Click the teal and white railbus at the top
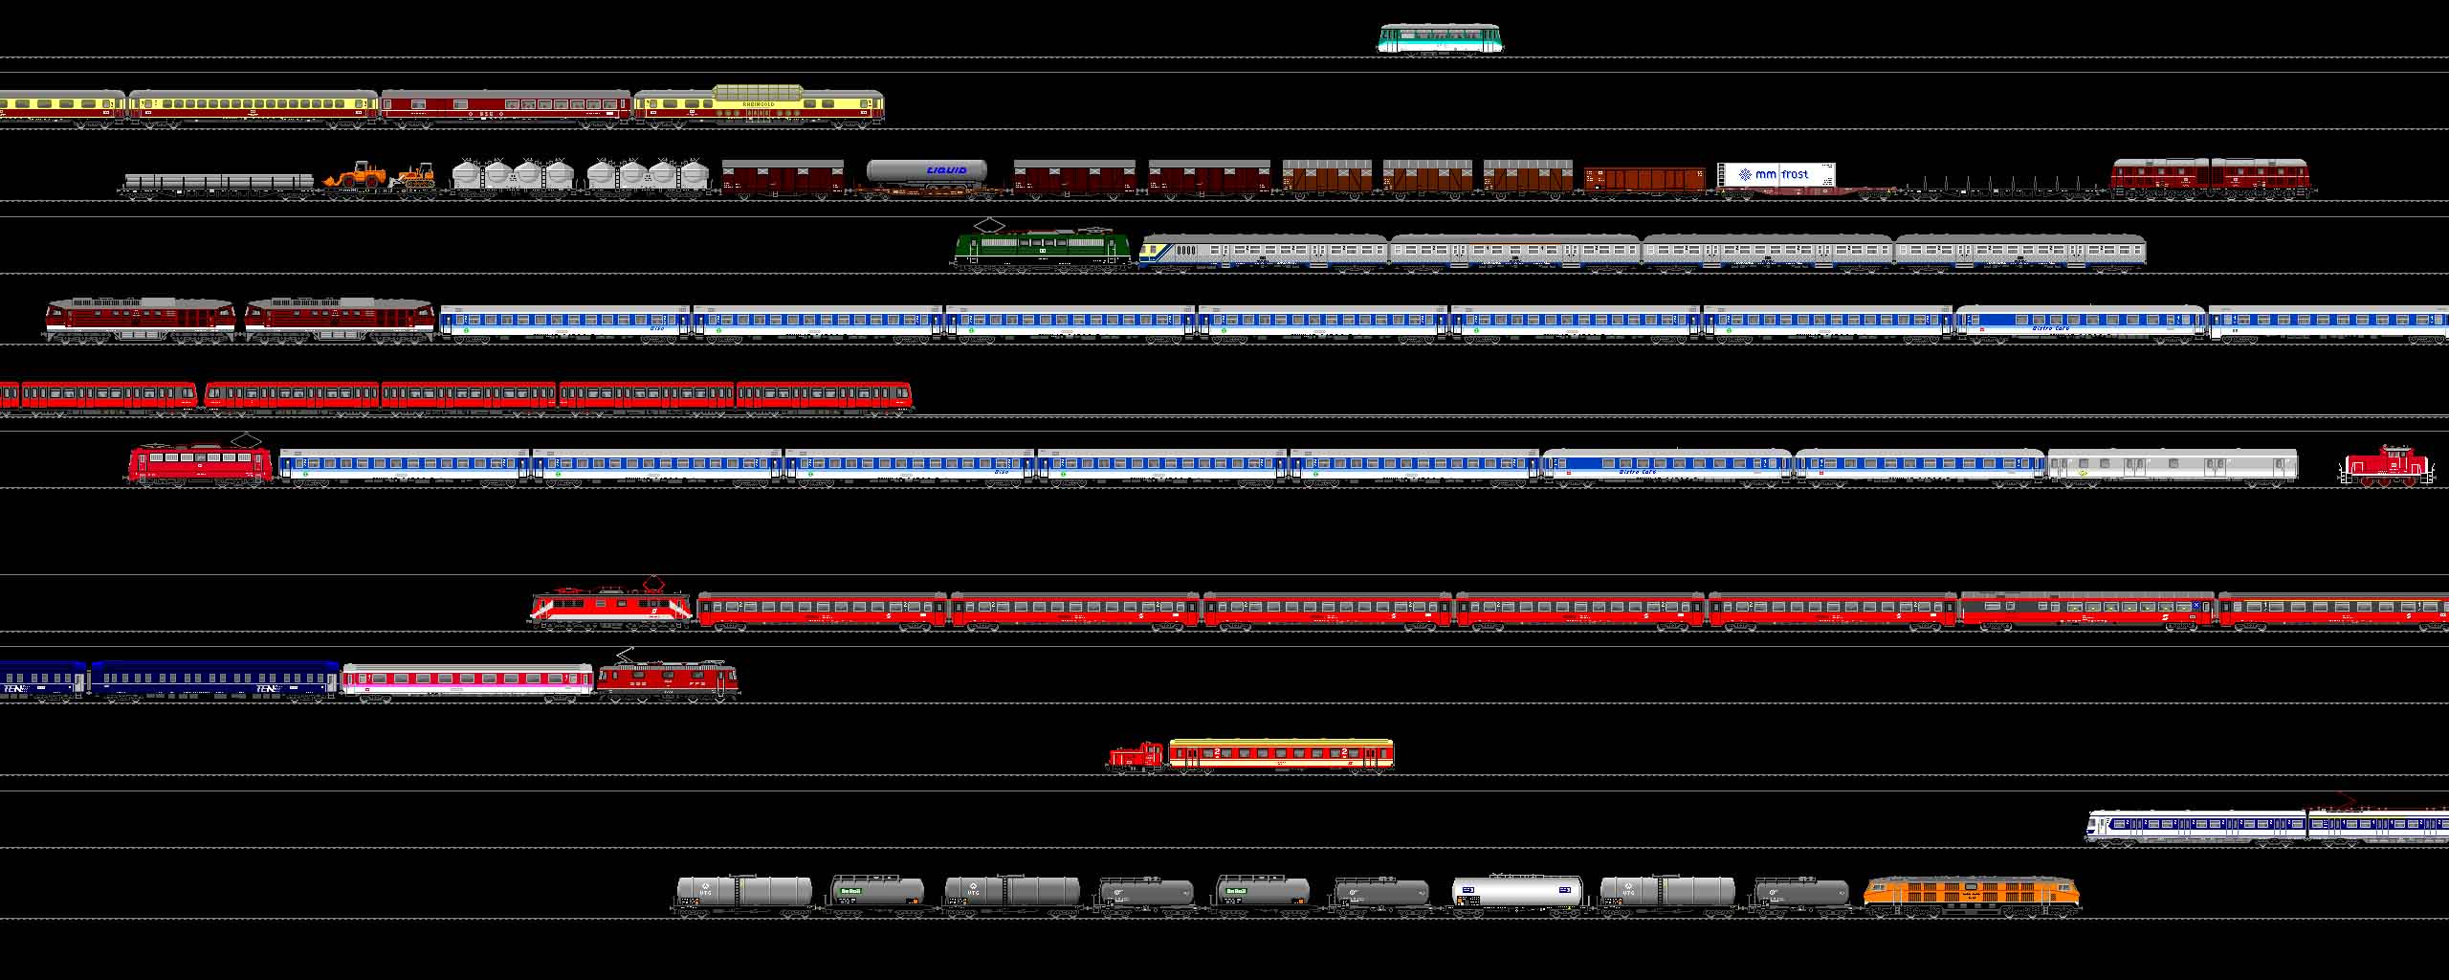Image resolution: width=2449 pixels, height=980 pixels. click(x=1440, y=39)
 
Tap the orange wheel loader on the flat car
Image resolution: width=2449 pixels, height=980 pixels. click(x=356, y=174)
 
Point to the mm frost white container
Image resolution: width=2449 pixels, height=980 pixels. click(x=1776, y=175)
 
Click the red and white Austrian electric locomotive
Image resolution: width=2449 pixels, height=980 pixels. click(x=610, y=608)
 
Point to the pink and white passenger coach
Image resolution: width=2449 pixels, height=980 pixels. click(x=467, y=680)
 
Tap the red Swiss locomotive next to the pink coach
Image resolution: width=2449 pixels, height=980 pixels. click(x=668, y=679)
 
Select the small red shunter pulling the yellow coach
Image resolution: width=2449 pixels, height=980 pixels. click(x=1136, y=756)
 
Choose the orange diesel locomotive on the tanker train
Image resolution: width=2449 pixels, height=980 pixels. click(x=1971, y=895)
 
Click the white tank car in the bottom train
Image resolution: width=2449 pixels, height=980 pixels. click(x=1516, y=893)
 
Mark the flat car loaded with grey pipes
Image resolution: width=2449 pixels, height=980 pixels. click(x=218, y=182)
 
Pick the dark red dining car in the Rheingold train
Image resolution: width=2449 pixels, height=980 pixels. click(x=505, y=107)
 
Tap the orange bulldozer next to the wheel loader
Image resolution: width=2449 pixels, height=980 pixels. click(x=413, y=174)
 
